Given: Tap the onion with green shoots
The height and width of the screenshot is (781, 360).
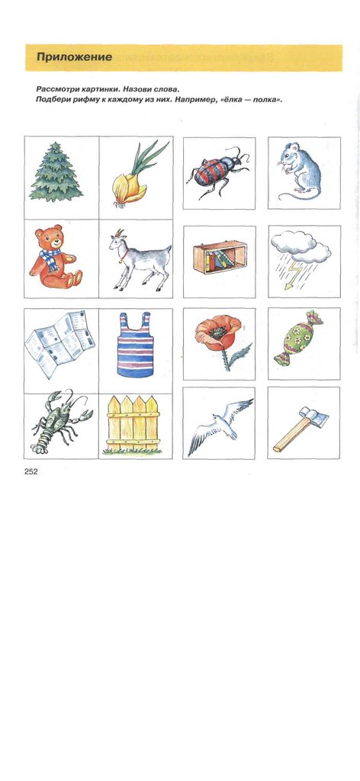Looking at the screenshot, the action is [x=136, y=175].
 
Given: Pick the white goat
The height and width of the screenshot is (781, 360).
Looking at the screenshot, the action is [x=140, y=259].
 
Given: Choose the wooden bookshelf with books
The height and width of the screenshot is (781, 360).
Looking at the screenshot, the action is [x=220, y=257].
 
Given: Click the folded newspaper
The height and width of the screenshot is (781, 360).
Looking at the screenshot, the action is [x=59, y=343].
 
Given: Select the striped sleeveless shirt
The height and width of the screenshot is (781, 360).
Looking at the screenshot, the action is [x=136, y=346].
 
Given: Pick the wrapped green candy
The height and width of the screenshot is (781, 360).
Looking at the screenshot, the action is [x=298, y=343].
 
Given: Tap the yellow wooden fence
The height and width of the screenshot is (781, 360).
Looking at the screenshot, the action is [x=133, y=425].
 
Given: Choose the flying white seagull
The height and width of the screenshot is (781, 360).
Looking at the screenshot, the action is [x=220, y=425].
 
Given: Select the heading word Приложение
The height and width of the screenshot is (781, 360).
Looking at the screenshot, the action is [x=74, y=57].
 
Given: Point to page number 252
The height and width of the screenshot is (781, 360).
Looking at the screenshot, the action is [x=31, y=471].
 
